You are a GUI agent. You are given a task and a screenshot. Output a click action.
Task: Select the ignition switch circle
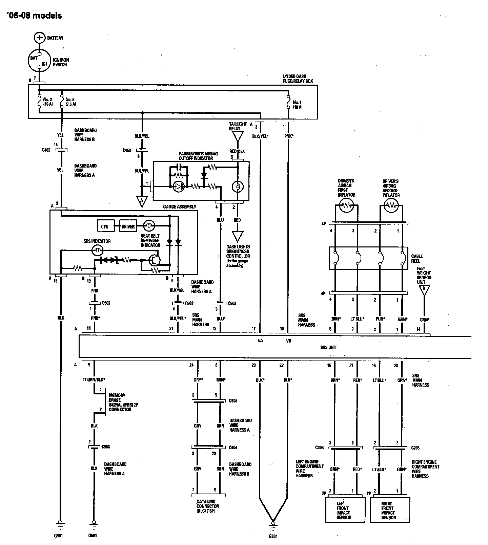coord(40,61)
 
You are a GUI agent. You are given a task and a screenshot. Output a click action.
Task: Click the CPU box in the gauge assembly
coord(105,226)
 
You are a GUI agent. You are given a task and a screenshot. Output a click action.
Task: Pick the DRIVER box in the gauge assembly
coord(128,226)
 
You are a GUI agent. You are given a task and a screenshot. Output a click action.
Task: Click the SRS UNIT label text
coord(328,347)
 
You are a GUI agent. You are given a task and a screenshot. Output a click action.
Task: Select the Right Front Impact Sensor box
coord(390,510)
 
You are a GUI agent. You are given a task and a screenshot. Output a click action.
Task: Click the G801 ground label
coord(273,536)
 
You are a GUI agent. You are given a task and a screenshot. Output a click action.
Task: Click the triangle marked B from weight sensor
coord(423,290)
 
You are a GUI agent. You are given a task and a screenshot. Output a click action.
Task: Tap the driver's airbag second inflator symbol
coord(391,205)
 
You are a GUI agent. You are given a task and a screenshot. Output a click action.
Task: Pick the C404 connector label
coord(233,447)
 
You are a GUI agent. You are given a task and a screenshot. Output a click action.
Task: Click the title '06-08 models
coord(34,16)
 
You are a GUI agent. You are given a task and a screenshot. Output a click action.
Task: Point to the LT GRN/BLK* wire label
coord(93,380)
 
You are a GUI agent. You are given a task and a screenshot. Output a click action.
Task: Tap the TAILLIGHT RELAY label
coord(238,126)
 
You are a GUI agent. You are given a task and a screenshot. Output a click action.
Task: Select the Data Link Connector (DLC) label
coord(208,506)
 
